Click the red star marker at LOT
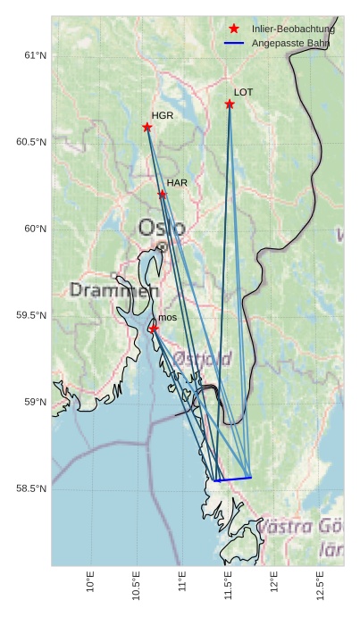pos(230,104)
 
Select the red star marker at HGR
pos(147,127)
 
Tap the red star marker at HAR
pos(163,194)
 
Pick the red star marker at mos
pos(154,329)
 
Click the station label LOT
pos(244,92)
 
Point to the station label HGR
pos(163,116)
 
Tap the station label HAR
pos(177,183)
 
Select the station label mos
pos(168,318)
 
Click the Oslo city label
pos(162,228)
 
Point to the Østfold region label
pos(203,358)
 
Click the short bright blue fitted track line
pos(233,479)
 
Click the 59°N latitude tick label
pos(36,402)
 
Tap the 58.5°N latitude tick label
pos(32,488)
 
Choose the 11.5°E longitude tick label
pos(228,586)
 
